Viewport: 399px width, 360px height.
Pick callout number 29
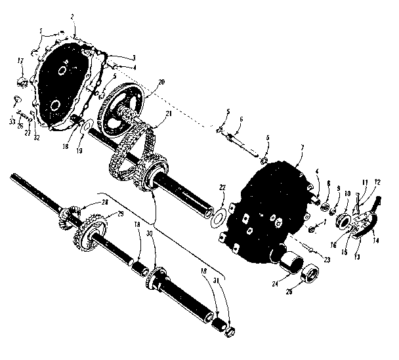coord(121,215)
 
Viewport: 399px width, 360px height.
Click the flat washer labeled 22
coord(219,216)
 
